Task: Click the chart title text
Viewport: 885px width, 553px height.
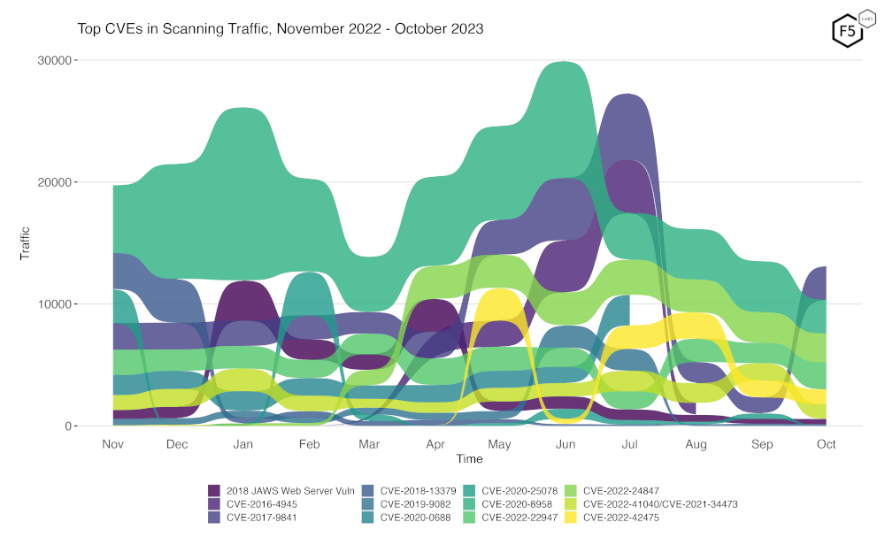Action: pyautogui.click(x=281, y=28)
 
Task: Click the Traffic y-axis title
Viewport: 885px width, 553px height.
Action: pyautogui.click(x=26, y=242)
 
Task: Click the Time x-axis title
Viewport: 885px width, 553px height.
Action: pyautogui.click(x=469, y=458)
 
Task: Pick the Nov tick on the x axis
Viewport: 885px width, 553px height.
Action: pyautogui.click(x=112, y=443)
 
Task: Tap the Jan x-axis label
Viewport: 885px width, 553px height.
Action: pyautogui.click(x=242, y=443)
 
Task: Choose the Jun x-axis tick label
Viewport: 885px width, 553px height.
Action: pyautogui.click(x=566, y=443)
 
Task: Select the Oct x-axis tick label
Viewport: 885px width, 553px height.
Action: pyautogui.click(x=826, y=443)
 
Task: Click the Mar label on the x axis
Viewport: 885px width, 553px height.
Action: pyautogui.click(x=369, y=443)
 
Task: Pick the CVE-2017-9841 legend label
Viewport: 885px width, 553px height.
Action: pyautogui.click(x=262, y=518)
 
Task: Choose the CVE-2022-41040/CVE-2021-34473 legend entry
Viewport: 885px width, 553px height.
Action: pyautogui.click(x=660, y=504)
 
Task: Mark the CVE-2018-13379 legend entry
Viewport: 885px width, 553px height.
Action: pyautogui.click(x=418, y=490)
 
